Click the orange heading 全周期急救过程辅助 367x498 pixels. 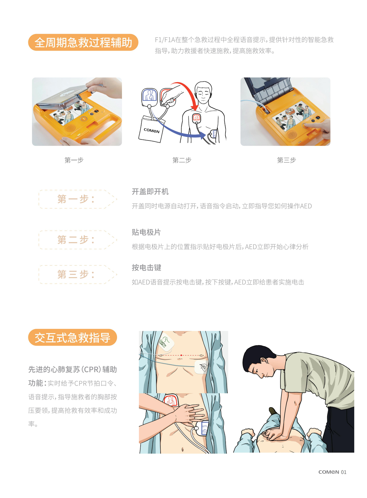[x=83, y=42]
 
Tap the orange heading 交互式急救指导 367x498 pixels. [x=72, y=337]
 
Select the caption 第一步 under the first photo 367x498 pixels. [x=74, y=160]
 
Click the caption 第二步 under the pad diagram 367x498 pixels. [x=182, y=160]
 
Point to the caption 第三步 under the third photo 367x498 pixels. [x=287, y=160]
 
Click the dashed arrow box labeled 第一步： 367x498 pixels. [x=78, y=199]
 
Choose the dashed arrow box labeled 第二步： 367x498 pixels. [x=78, y=240]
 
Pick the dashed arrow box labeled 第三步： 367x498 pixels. [x=78, y=274]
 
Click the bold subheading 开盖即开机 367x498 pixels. [x=150, y=192]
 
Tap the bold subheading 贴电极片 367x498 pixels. [x=146, y=232]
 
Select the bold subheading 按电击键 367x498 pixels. [x=146, y=267]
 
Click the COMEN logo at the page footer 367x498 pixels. [x=328, y=472]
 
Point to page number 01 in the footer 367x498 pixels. [x=344, y=472]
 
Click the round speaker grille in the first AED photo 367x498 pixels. [x=70, y=128]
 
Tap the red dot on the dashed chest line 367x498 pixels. [x=181, y=355]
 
